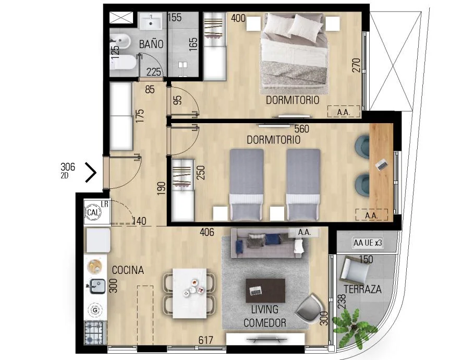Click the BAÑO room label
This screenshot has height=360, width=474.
(x=151, y=44)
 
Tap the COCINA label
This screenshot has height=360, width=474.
(x=128, y=270)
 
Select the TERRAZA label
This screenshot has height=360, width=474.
(x=363, y=289)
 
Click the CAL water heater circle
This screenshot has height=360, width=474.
(x=93, y=212)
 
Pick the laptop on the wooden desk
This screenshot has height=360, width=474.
(x=382, y=165)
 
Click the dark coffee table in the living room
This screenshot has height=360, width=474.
(x=265, y=291)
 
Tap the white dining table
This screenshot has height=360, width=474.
(x=190, y=293)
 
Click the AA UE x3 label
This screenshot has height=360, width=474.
(x=368, y=243)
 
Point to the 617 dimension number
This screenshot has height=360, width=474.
(x=205, y=340)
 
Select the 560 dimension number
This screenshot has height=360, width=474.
(x=302, y=129)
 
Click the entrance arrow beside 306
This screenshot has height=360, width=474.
(x=91, y=173)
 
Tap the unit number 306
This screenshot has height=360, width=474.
(x=68, y=166)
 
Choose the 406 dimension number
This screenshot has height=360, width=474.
(x=207, y=232)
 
